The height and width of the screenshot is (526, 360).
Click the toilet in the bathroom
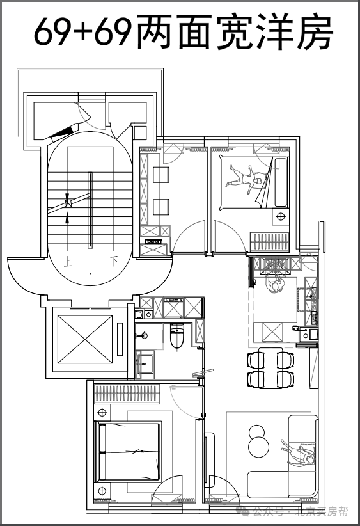click(177, 335)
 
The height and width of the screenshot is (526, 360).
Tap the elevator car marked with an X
click(85, 339)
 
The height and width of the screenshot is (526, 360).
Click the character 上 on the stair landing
click(68, 261)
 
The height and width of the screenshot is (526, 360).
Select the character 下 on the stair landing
click(114, 261)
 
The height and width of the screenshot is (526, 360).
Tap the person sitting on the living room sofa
click(299, 454)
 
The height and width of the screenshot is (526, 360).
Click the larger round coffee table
click(259, 447)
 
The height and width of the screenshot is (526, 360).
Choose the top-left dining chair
click(256, 360)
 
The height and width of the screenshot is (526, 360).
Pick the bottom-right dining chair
click(285, 379)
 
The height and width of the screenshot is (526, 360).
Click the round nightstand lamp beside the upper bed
click(281, 217)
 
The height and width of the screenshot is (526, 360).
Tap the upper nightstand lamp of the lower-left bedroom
click(102, 411)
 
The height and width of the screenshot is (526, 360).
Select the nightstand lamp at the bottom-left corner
click(102, 491)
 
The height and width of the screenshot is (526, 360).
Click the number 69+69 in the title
click(82, 31)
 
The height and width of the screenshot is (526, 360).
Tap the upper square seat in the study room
click(161, 175)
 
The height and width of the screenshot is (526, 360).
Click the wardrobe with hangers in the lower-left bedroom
click(127, 394)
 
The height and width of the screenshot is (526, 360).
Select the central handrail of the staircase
click(90, 210)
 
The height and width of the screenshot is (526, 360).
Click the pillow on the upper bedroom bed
click(281, 182)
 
